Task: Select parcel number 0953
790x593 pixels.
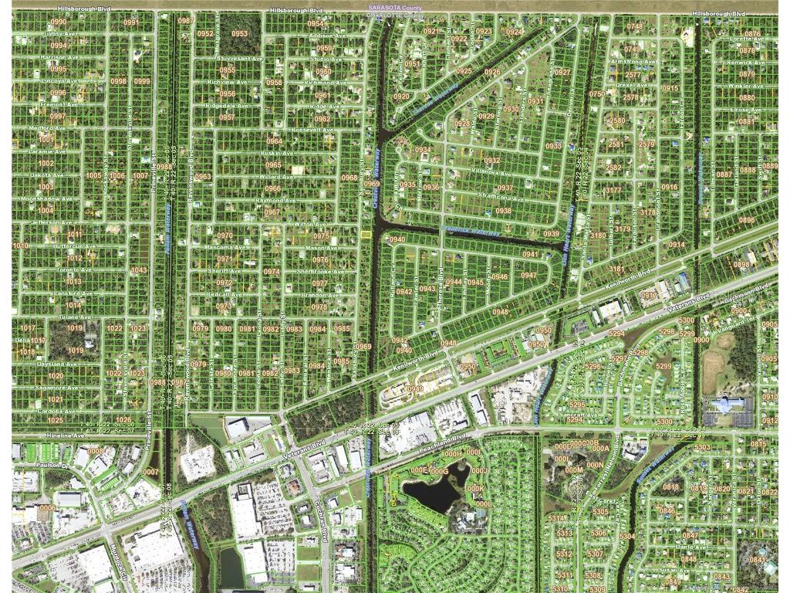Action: click(x=240, y=34)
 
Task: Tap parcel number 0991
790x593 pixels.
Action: click(x=131, y=22)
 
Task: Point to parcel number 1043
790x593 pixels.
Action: click(x=139, y=270)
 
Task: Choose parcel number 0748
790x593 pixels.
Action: click(x=634, y=26)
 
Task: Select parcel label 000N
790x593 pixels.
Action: click(x=595, y=466)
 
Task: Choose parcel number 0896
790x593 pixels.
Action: click(x=747, y=220)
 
